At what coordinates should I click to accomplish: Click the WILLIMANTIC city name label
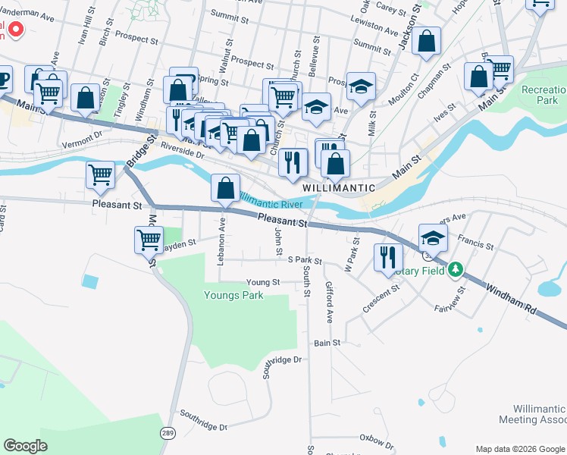(339, 187)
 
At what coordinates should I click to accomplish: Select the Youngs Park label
(233, 295)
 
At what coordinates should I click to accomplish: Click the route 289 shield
(168, 432)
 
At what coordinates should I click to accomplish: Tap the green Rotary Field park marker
(455, 269)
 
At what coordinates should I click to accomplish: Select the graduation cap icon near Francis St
(433, 237)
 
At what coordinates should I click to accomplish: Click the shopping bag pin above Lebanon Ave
(226, 188)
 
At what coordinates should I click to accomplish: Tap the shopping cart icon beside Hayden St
(149, 240)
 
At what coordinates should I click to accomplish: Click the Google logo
(25, 446)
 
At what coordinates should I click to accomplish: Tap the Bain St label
(327, 344)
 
